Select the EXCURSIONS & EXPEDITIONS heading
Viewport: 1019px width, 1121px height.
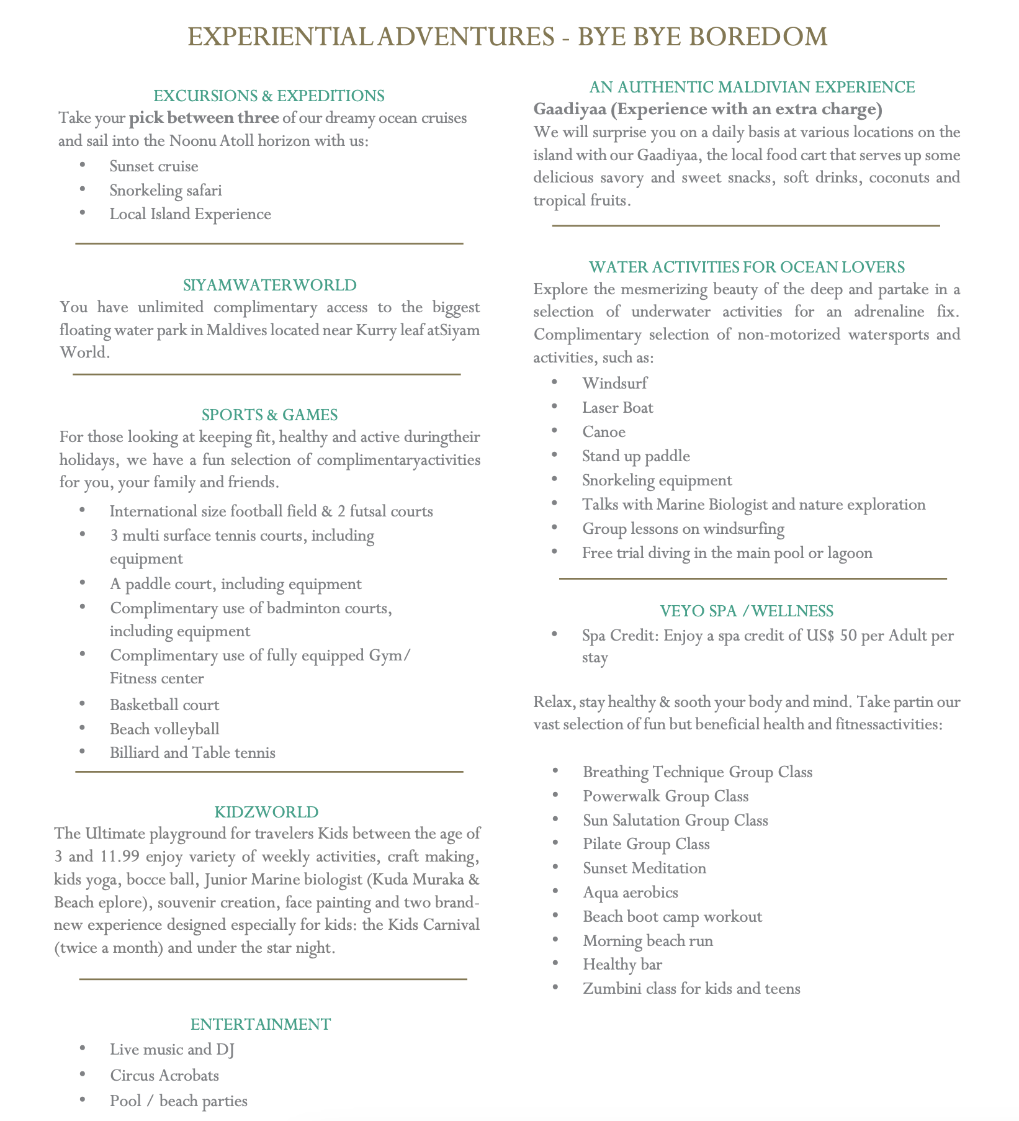click(269, 96)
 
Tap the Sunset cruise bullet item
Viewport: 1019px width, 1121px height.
click(154, 166)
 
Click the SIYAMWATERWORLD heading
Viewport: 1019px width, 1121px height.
click(270, 285)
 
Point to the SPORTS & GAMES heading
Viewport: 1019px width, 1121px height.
click(269, 415)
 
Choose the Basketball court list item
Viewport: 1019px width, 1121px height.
click(164, 705)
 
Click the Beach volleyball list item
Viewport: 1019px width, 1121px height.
click(164, 729)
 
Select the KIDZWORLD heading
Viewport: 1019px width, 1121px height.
click(266, 812)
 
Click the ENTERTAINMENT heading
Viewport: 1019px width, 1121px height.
click(261, 1024)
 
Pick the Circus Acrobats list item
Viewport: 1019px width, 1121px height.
click(164, 1075)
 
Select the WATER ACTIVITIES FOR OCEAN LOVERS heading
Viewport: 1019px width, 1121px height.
click(747, 267)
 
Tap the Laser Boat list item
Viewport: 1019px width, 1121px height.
click(617, 408)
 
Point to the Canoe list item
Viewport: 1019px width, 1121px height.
click(604, 432)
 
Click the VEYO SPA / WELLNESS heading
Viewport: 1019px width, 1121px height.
click(747, 611)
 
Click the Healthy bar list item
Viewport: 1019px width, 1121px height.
click(622, 965)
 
